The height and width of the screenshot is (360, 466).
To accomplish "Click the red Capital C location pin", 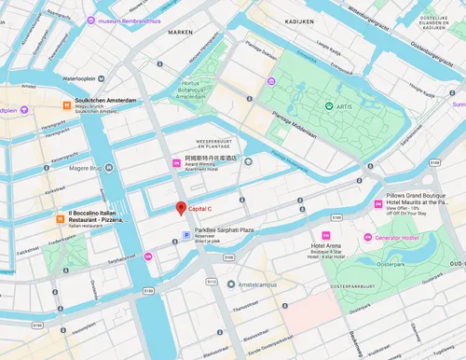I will tap(182, 208).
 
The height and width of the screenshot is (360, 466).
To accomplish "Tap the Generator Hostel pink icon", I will tap(370, 234).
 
